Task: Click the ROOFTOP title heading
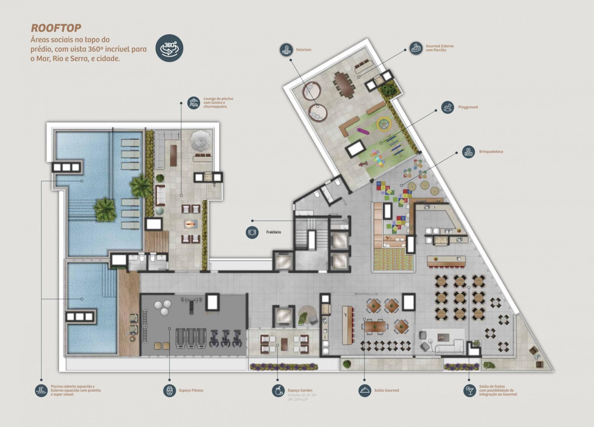56,28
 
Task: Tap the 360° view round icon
169,48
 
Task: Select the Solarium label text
303,50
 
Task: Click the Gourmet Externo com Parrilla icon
416,48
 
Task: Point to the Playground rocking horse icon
448,107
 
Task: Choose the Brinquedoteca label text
491,152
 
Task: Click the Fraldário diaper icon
252,232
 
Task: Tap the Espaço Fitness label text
191,390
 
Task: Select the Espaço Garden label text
300,390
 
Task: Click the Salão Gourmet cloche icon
365,390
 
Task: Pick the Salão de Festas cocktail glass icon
470,390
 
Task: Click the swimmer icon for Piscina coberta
41,390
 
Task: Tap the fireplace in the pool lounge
190,223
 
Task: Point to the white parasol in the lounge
201,140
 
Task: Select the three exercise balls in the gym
163,307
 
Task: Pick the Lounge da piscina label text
218,103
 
